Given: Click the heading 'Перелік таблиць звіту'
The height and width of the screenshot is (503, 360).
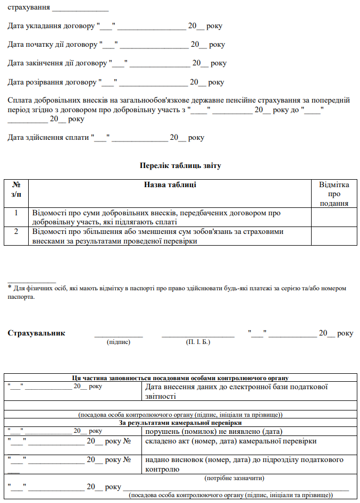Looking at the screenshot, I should (x=180, y=165).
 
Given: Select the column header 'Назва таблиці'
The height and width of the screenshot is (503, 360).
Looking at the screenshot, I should (x=170, y=185).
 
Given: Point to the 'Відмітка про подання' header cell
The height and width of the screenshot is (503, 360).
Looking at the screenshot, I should (x=334, y=194).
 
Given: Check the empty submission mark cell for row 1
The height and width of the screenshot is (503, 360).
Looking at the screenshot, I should (x=334, y=217).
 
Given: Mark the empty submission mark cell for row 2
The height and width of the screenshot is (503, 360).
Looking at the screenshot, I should (x=334, y=237).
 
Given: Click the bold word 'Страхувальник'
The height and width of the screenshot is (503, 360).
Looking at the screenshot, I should (x=37, y=333).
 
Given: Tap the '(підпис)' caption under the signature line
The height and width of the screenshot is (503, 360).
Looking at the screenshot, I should (x=119, y=342).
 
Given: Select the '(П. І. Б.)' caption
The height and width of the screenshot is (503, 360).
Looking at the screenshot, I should (x=198, y=342).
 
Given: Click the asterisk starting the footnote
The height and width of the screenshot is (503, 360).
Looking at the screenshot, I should (x=10, y=288).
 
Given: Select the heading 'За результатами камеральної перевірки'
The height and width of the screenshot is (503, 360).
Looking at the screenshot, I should (x=180, y=423).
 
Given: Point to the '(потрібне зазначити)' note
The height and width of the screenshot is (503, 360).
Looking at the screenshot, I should (x=235, y=478).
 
